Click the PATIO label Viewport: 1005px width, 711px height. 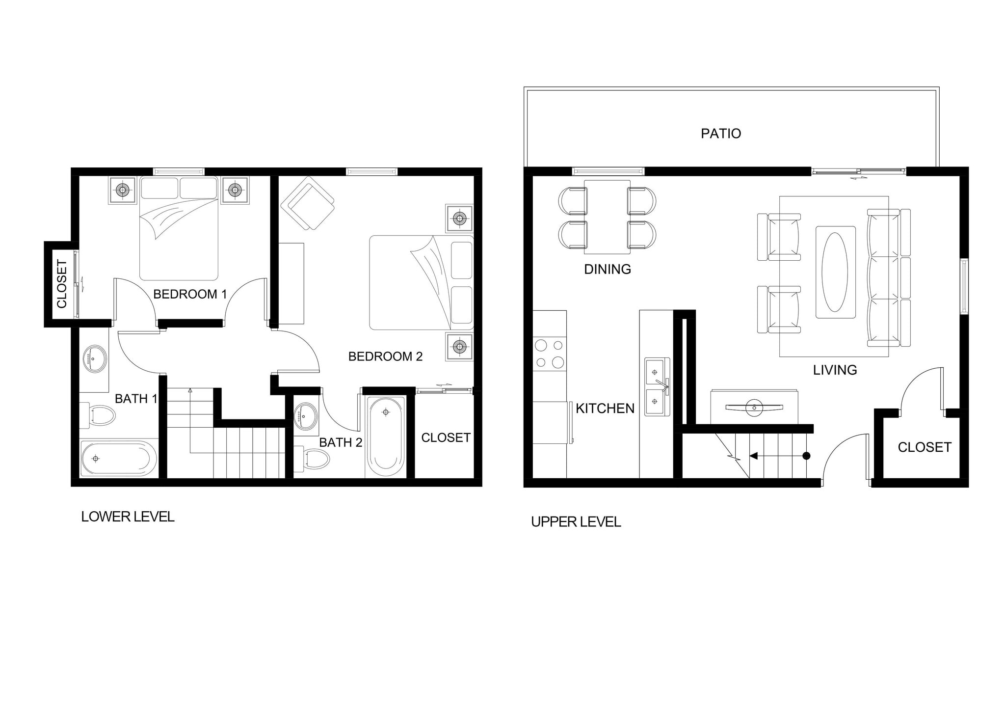tap(720, 134)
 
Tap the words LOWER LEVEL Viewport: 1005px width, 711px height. tap(128, 517)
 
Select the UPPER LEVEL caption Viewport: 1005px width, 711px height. tap(576, 521)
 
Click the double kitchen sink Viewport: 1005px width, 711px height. tap(656, 387)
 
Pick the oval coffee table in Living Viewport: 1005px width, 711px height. tap(835, 272)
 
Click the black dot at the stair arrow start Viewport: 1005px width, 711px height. tap(806, 456)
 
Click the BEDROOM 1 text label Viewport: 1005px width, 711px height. tap(190, 294)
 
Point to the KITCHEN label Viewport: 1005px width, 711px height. tap(605, 409)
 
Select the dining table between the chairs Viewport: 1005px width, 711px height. tap(607, 217)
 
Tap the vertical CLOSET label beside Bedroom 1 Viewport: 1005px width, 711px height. tap(62, 284)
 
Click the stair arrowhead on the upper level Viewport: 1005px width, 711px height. tap(753, 456)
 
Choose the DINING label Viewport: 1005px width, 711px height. tap(607, 269)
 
